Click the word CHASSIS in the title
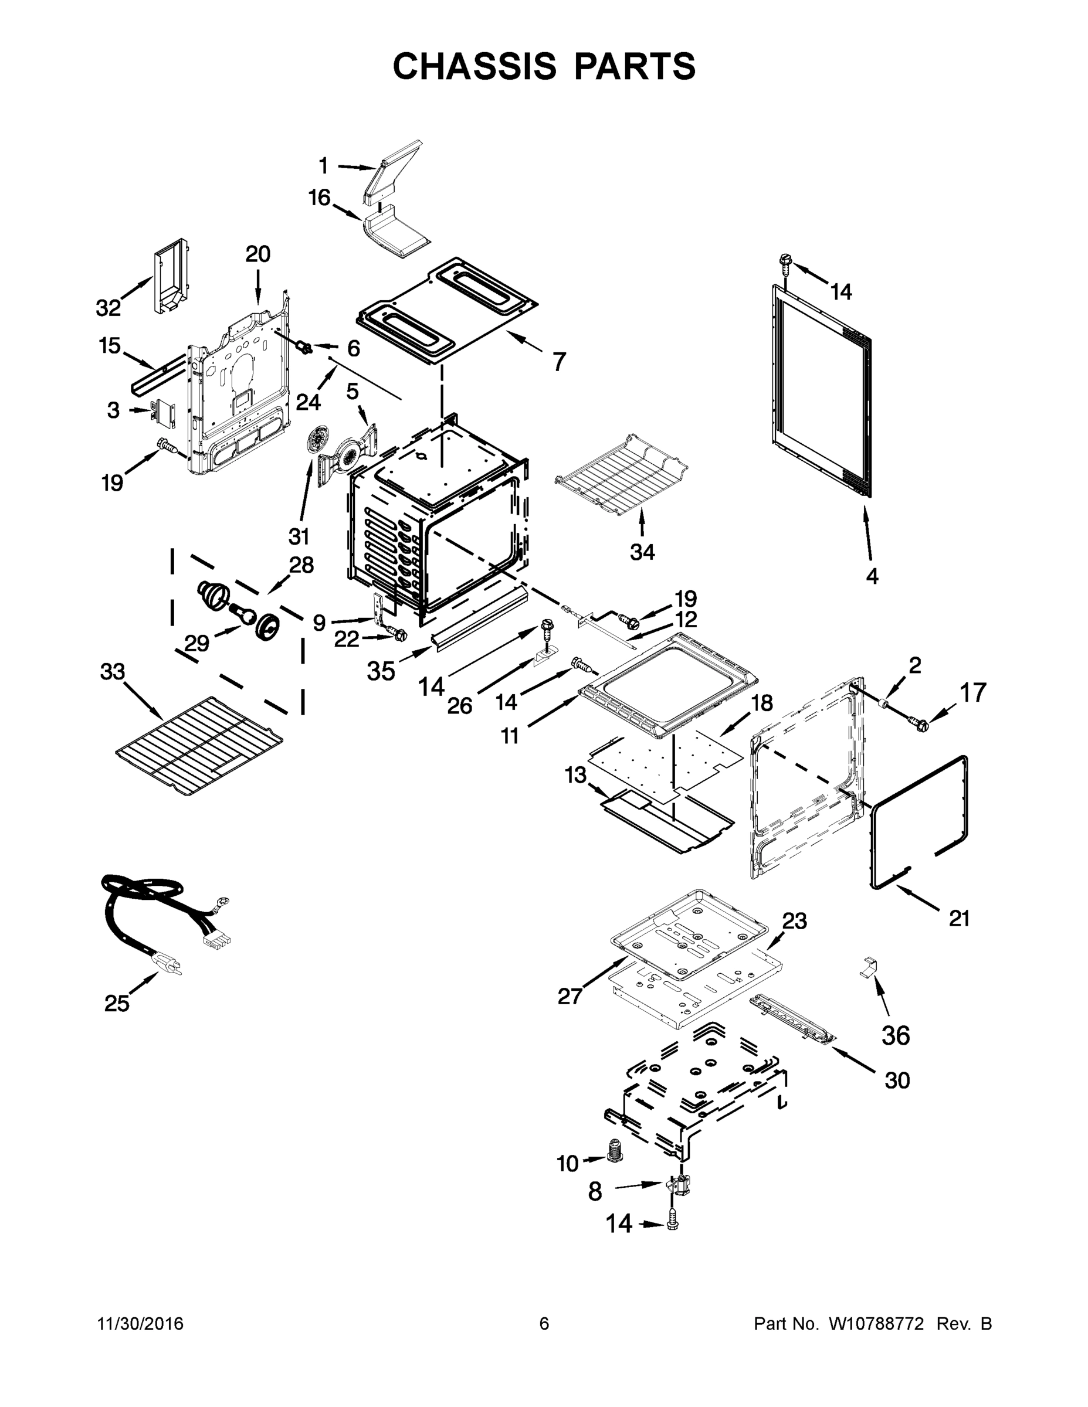point(475,66)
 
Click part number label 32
point(109,308)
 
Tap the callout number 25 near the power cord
point(117,1003)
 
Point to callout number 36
point(895,1036)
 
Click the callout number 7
point(559,361)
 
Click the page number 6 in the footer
point(544,1323)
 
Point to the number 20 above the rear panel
point(258,254)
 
